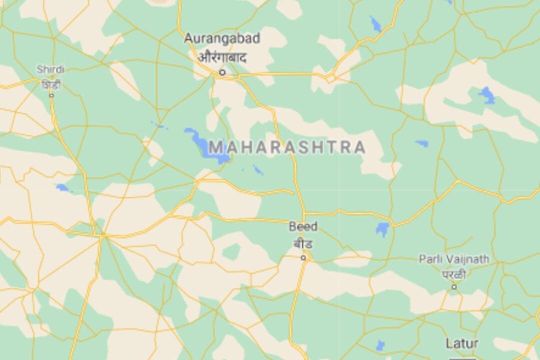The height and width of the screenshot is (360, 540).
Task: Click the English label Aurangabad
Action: tap(222, 38)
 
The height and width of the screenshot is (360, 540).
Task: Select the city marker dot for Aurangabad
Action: tap(222, 72)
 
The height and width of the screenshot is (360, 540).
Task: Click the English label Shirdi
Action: tap(50, 69)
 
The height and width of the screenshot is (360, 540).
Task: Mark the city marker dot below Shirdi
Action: tap(51, 95)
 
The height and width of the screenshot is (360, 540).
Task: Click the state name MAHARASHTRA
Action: tap(287, 147)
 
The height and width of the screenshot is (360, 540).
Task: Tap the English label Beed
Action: tap(303, 226)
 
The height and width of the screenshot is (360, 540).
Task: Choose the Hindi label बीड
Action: tap(303, 244)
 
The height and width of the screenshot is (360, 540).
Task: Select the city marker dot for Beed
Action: tap(303, 257)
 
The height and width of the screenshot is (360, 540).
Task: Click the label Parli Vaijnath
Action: tap(454, 259)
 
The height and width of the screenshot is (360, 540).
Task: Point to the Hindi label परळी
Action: tap(454, 274)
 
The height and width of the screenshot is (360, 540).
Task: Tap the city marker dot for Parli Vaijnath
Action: tap(454, 286)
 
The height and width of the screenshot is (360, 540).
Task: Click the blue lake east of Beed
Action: tap(382, 229)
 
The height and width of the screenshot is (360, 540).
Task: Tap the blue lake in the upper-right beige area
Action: tap(486, 94)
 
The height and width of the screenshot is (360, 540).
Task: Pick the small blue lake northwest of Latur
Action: tap(380, 345)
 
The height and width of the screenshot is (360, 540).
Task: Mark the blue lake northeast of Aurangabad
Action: tap(375, 23)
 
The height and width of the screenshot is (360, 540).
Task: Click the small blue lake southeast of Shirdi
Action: tap(62, 188)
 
